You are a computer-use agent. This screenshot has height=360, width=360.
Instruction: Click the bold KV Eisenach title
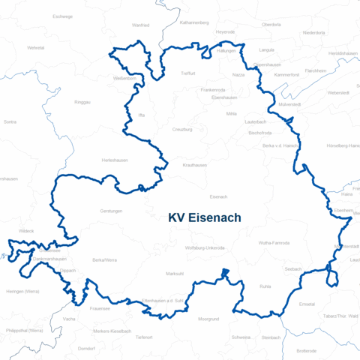pyautogui.click(x=205, y=218)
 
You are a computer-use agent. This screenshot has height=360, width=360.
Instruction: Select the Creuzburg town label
pyautogui.click(x=183, y=129)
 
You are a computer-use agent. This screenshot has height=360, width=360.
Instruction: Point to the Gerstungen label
pyautogui.click(x=111, y=211)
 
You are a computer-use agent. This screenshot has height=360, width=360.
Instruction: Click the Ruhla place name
pyautogui.click(x=265, y=286)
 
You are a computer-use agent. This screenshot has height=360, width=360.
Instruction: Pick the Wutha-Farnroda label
pyautogui.click(x=274, y=243)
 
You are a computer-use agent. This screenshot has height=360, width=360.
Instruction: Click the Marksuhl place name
pyautogui.click(x=175, y=274)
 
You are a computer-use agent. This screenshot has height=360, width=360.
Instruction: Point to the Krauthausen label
pyautogui.click(x=194, y=164)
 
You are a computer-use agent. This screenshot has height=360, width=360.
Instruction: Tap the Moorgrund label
pyautogui.click(x=208, y=319)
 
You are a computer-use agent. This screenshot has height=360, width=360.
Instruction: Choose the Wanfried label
pyautogui.click(x=140, y=25)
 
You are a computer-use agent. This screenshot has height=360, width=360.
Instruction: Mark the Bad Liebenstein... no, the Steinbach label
pyautogui.click(x=271, y=337)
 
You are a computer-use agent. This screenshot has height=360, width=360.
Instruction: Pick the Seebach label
pyautogui.click(x=293, y=268)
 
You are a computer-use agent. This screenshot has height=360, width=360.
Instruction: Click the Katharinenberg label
pyautogui.click(x=194, y=23)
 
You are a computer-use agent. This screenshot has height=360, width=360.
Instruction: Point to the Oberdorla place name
pyautogui.click(x=271, y=24)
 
